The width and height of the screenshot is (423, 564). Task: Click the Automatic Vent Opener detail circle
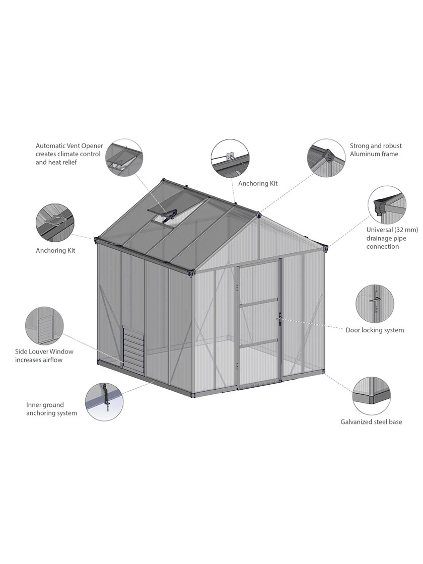[x=123, y=158]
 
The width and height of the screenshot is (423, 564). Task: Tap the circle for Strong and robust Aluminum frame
[x=326, y=158]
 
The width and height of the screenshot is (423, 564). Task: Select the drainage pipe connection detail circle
[x=387, y=205]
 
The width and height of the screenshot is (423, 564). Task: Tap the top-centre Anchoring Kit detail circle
[x=230, y=158]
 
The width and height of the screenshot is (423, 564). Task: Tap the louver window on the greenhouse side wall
[x=133, y=347]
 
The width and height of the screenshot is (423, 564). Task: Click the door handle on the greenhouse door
[x=278, y=318]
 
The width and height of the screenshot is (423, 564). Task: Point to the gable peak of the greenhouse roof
[x=258, y=214]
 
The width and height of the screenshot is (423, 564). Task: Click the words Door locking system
[x=375, y=330]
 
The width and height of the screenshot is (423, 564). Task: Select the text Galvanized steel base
[x=371, y=422]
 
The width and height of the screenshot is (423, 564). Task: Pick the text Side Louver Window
[x=44, y=351]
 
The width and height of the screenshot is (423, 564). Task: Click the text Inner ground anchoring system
[x=51, y=409]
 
